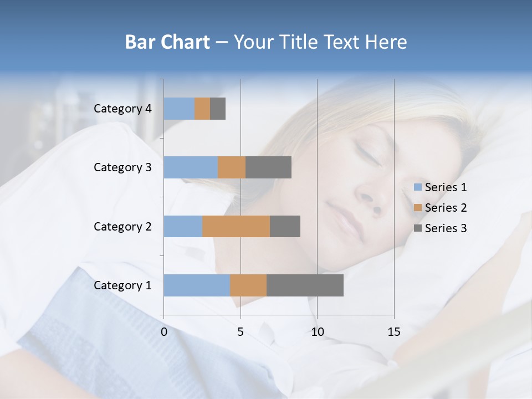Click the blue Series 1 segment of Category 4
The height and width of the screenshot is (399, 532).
coord(179,109)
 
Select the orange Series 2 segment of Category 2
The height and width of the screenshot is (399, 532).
coord(236,226)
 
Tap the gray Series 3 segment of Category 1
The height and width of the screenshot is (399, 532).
coord(305,285)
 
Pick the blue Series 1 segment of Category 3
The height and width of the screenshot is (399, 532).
coord(191,167)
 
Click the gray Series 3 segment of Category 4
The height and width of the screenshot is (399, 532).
coord(218,109)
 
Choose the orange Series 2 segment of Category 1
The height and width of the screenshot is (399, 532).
coord(248,285)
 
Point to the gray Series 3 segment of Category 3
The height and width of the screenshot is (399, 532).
coord(268,167)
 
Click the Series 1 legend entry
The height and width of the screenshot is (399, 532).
coord(441,187)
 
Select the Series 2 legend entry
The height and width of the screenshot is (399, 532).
coord(441,208)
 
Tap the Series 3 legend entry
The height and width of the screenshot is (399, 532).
coord(441,228)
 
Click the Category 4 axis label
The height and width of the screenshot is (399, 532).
coord(122,109)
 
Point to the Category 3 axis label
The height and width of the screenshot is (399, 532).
coord(122,167)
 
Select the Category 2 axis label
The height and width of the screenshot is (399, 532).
coord(122,227)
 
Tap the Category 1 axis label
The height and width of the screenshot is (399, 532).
coord(122,285)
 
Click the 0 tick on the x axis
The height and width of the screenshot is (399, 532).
coord(164,332)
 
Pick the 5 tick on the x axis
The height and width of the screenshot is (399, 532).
coord(241,332)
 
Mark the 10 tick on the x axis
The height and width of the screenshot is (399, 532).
coord(317,332)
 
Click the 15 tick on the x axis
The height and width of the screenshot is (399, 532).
coord(394,332)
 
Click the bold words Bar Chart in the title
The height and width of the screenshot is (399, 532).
coord(167,42)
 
